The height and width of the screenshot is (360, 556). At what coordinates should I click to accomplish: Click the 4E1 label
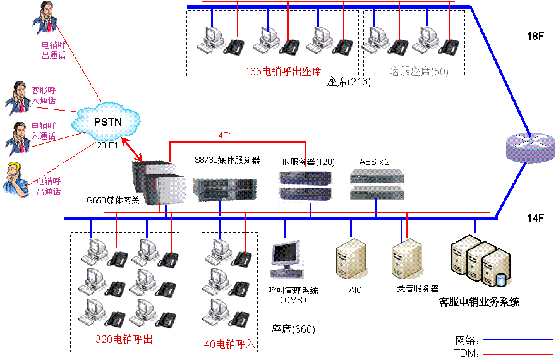point(226,135)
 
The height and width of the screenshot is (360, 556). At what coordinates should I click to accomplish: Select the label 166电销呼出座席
point(283,71)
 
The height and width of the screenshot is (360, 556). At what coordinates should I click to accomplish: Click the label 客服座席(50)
point(420,71)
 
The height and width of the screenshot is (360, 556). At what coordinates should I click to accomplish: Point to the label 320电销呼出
point(124,339)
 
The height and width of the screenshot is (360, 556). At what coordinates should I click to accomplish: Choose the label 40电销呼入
point(229,344)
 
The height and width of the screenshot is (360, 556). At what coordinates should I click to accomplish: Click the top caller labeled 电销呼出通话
point(45,18)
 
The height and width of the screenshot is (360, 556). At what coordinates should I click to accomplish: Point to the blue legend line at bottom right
point(517,339)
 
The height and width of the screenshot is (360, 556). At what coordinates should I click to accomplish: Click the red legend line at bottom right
point(517,354)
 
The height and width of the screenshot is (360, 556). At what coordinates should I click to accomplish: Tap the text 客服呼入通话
point(44,95)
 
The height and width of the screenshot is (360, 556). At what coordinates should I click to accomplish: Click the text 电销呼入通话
point(44,131)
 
